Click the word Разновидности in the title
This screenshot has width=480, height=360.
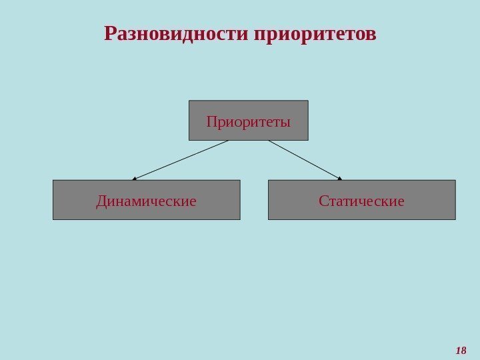177,33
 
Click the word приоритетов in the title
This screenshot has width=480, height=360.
315,33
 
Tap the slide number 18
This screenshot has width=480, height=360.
461,350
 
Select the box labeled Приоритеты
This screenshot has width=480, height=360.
249,120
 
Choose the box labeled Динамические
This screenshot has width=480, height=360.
146,200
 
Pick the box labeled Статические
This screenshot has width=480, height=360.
361,200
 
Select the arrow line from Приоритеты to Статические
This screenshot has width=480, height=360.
305,160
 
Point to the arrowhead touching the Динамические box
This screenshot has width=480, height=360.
134,179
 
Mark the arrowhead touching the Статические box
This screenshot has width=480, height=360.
339,178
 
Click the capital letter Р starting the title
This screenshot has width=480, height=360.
110,33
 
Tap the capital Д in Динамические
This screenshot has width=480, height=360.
101,201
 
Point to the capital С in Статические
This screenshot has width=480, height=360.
323,201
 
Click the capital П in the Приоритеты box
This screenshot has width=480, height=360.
211,122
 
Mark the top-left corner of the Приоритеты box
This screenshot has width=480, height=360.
189,101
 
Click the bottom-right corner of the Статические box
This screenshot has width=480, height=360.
455,219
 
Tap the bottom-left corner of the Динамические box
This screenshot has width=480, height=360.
53,219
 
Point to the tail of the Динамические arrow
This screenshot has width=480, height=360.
228,141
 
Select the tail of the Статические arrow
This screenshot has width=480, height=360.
269,141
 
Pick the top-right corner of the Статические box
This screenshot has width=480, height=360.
455,180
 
